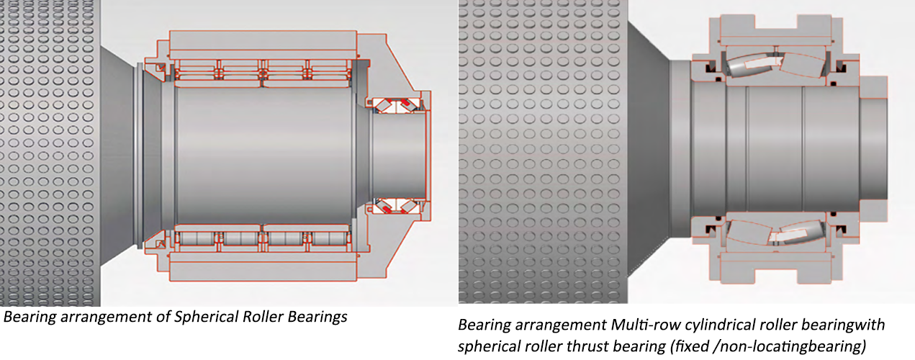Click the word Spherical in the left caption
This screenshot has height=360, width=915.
[207, 317]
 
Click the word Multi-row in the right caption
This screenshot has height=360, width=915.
[646, 325]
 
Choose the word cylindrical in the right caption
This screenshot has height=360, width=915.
[719, 325]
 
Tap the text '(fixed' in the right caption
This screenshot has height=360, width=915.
[690, 347]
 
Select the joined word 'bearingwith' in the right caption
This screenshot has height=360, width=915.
[842, 325]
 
